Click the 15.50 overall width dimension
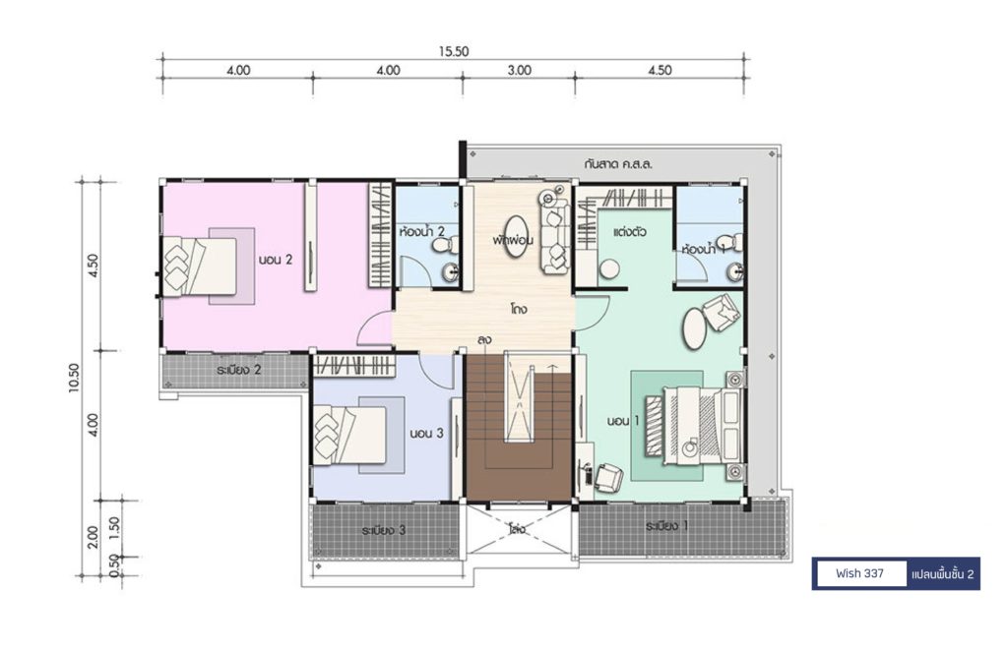click(454, 51)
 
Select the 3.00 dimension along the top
click(519, 70)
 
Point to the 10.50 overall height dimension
click(75, 378)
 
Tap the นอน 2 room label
click(276, 260)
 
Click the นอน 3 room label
click(427, 434)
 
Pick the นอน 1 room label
click(623, 421)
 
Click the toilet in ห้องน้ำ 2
click(446, 245)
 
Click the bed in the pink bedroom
click(200, 267)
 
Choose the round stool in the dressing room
click(608, 268)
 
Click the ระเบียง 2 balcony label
click(238, 370)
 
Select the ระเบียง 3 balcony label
click(383, 530)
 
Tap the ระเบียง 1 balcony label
click(667, 526)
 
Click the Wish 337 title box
click(859, 573)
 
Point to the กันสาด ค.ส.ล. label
click(618, 163)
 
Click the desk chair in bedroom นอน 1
click(608, 478)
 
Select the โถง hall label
click(520, 309)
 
